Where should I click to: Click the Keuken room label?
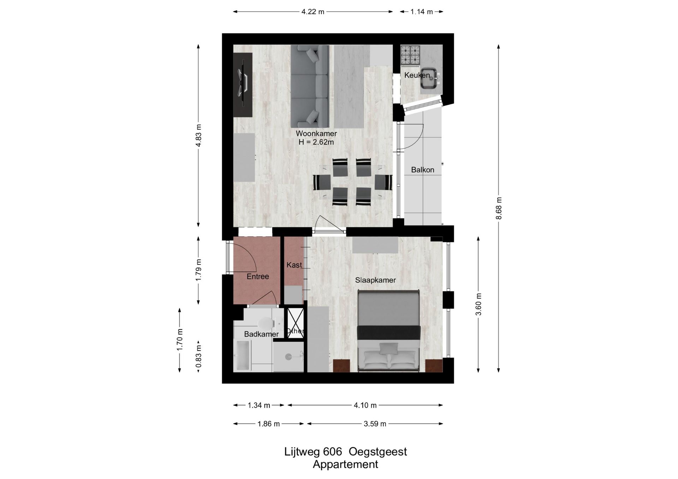[x=417, y=75]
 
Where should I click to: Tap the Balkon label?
[x=422, y=170]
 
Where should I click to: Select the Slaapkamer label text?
[x=375, y=280]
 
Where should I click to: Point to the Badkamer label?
[x=261, y=334]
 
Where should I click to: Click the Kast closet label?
[x=294, y=265]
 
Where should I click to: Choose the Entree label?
[x=258, y=277]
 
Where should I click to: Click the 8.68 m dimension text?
[x=499, y=208]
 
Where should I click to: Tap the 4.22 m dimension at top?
[x=313, y=12]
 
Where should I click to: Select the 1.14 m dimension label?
[x=421, y=12]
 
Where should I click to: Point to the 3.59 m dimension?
[x=375, y=424]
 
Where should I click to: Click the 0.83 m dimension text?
[x=199, y=356]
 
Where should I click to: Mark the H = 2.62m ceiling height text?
[x=316, y=142]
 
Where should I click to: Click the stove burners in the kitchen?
[x=410, y=55]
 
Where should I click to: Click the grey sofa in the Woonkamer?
[x=310, y=86]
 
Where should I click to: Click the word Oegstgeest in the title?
[x=378, y=452]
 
